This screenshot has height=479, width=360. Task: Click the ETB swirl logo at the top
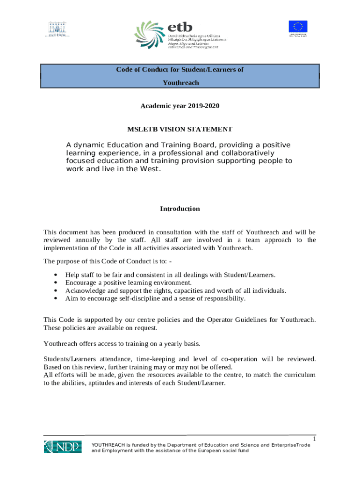pyautogui.click(x=150, y=36)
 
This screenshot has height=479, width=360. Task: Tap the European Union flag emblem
pyautogui.click(x=297, y=28)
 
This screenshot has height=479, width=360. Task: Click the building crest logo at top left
pyautogui.click(x=57, y=29)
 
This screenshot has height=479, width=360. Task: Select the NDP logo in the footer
pyautogui.click(x=63, y=446)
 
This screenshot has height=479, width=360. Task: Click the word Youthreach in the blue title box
pyautogui.click(x=180, y=83)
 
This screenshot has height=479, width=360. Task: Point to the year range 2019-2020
pyautogui.click(x=203, y=106)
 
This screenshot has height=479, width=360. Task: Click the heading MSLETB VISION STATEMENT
pyautogui.click(x=180, y=129)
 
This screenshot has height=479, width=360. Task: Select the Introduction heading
pyautogui.click(x=180, y=209)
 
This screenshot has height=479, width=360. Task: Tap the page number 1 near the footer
pyautogui.click(x=315, y=439)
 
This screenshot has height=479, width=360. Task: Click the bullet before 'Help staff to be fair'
pyautogui.click(x=56, y=275)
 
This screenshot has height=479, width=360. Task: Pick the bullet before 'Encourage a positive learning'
pyautogui.click(x=56, y=283)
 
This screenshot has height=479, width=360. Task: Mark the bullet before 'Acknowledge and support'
pyautogui.click(x=56, y=290)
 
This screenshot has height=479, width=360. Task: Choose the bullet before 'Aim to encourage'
pyautogui.click(x=56, y=298)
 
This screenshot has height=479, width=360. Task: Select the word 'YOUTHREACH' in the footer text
pyautogui.click(x=109, y=445)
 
